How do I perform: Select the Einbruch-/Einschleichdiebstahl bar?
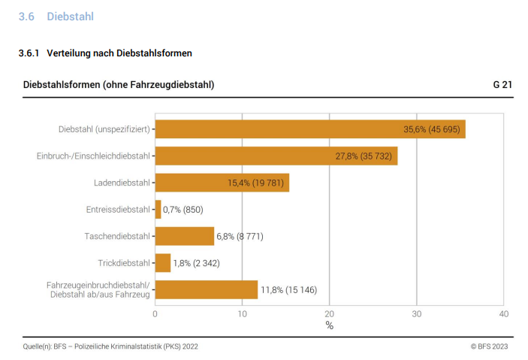[x=276, y=156]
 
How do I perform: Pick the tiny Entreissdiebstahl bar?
[x=158, y=210]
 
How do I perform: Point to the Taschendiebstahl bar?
[x=184, y=236]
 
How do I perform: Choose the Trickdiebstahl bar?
[x=162, y=263]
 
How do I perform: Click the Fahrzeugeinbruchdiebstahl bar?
[x=206, y=289]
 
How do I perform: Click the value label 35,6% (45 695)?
[x=433, y=129]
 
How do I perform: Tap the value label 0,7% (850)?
[x=183, y=210]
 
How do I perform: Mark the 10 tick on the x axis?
[x=242, y=313]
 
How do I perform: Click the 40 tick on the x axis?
[x=503, y=313]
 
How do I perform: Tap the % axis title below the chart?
[x=329, y=325]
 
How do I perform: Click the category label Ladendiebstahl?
[x=122, y=183]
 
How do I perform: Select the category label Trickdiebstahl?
[x=124, y=263]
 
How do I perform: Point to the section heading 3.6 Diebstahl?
[x=56, y=17]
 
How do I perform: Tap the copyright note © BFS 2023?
[x=489, y=346]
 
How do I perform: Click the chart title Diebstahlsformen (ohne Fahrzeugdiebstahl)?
[x=119, y=85]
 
